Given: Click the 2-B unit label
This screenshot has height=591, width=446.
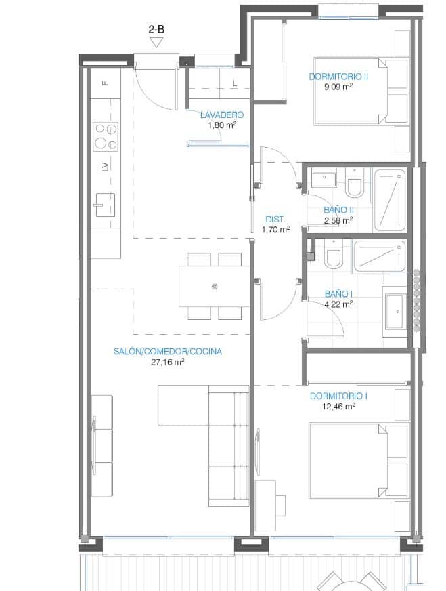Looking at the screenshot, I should click(x=157, y=29).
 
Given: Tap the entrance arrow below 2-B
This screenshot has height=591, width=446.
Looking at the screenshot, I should click(x=157, y=43).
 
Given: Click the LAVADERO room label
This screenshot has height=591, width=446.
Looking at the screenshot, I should click(x=221, y=115).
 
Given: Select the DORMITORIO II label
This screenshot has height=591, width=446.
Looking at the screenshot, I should click(x=338, y=77).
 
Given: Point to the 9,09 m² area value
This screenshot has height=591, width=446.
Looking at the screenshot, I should click(x=338, y=87).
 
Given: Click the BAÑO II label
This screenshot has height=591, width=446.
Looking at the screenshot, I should click(x=338, y=210).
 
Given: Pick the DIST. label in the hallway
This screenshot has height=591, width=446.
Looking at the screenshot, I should click(x=275, y=219).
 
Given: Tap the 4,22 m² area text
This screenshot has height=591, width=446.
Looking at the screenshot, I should click(x=338, y=304).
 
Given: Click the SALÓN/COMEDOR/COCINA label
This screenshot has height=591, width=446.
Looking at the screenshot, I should click(x=168, y=352).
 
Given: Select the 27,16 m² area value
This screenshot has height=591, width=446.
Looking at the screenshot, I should click(x=168, y=362).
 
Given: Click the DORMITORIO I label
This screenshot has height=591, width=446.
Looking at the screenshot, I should click(x=338, y=396).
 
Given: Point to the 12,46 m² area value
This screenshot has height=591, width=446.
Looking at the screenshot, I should click(x=338, y=407).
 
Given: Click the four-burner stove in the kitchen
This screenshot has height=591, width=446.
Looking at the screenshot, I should click(x=106, y=136).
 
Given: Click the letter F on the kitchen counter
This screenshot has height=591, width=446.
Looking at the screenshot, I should click(x=105, y=83).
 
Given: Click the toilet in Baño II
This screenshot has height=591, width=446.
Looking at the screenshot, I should click(x=354, y=184).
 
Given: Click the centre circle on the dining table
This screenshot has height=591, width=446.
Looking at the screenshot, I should click(x=215, y=287).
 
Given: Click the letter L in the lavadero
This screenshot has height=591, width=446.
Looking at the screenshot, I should click(x=234, y=84).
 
